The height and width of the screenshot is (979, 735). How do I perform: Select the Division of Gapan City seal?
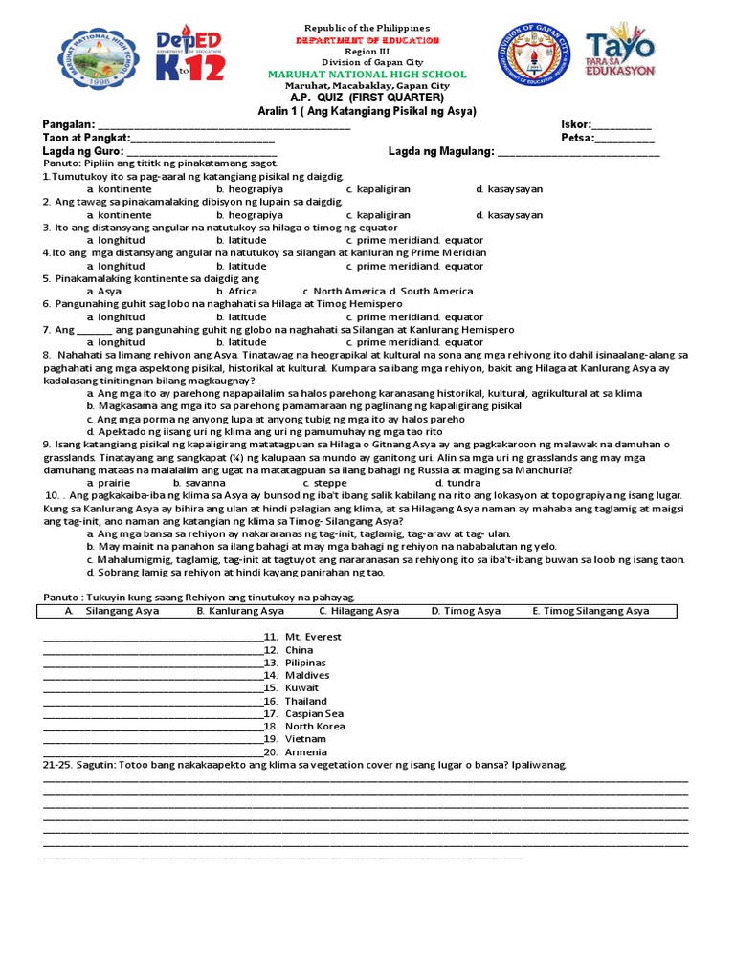(x=533, y=54)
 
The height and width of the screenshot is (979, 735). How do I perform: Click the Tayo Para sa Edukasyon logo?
(x=620, y=54)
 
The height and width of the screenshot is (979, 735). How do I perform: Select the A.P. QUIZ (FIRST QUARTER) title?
(x=367, y=98)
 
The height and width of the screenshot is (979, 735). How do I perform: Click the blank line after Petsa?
(x=625, y=139)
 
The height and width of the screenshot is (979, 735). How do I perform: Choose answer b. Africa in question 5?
(x=236, y=292)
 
